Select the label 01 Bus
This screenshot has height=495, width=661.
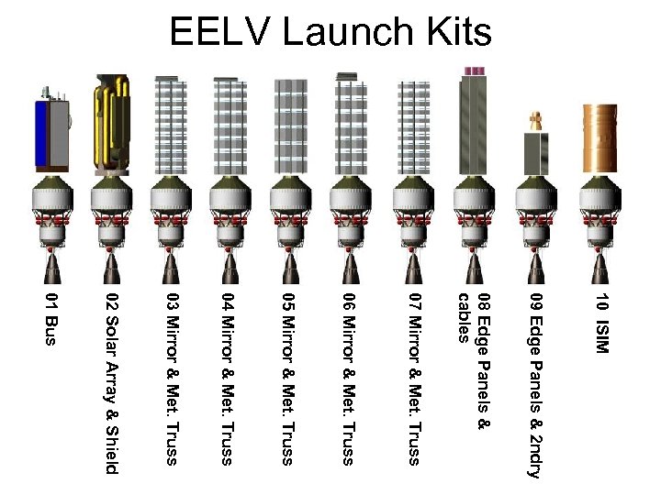(x=51, y=320)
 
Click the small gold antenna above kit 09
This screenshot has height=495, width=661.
(x=534, y=119)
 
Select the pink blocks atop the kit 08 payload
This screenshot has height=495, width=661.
(x=475, y=71)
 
